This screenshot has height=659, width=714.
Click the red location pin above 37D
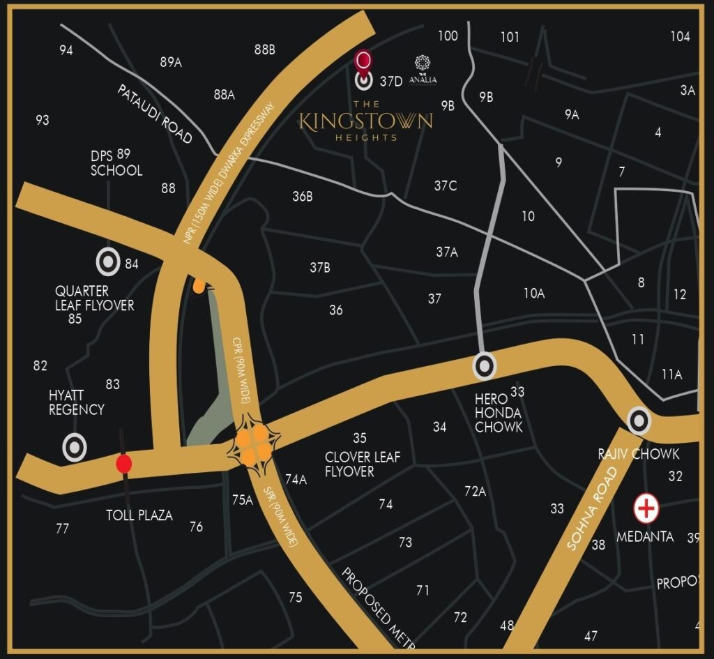[363, 61]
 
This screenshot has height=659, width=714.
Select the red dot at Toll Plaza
[124, 464]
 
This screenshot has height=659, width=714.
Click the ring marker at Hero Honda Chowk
[485, 365]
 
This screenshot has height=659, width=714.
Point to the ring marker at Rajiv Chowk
[639, 421]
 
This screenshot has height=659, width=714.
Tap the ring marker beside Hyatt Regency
[75, 448]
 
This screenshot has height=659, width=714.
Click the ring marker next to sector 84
[108, 262]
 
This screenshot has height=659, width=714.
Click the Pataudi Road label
[155, 114]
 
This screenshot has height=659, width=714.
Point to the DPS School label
[116, 162]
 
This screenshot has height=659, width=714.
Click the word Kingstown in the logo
[365, 121]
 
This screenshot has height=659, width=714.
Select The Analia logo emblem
[422, 64]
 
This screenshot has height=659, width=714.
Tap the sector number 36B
[302, 197]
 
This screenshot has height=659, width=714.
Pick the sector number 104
[680, 37]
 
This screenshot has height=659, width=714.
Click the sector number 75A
[242, 499]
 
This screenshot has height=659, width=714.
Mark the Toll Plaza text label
[139, 515]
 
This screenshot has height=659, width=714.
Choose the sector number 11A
[671, 374]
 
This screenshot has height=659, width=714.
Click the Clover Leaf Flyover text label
[363, 464]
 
